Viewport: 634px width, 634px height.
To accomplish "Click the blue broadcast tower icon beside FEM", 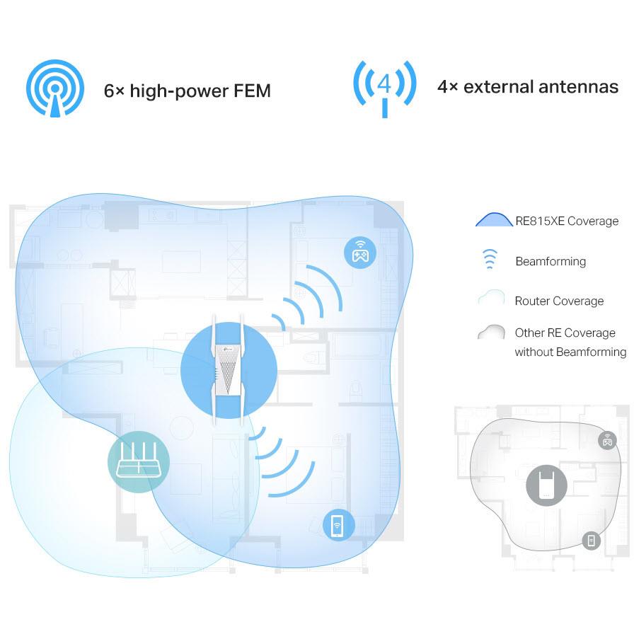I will coord(54,88).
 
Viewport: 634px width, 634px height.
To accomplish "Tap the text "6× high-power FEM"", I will coord(188,91).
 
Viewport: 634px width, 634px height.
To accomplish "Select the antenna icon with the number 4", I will coord(384,88).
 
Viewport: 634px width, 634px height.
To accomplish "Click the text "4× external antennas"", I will coord(528,87).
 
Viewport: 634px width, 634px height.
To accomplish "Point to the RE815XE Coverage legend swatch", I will coord(493,220).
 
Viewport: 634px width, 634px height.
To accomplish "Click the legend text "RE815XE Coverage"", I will coord(567,221).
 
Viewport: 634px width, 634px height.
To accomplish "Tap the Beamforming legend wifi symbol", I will coord(489,260).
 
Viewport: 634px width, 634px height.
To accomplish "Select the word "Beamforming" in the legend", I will coord(551,261).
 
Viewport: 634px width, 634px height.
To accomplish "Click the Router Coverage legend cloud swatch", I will coord(491,299).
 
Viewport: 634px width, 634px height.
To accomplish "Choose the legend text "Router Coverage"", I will coord(559,301).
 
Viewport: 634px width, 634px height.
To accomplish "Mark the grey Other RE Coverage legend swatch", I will coord(491,332).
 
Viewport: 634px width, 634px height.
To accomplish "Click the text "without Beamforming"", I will coord(570,352).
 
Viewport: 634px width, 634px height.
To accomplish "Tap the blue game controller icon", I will coord(360,253).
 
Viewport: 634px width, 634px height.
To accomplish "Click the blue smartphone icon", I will coord(338,526).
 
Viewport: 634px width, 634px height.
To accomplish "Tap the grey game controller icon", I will coord(607,440).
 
